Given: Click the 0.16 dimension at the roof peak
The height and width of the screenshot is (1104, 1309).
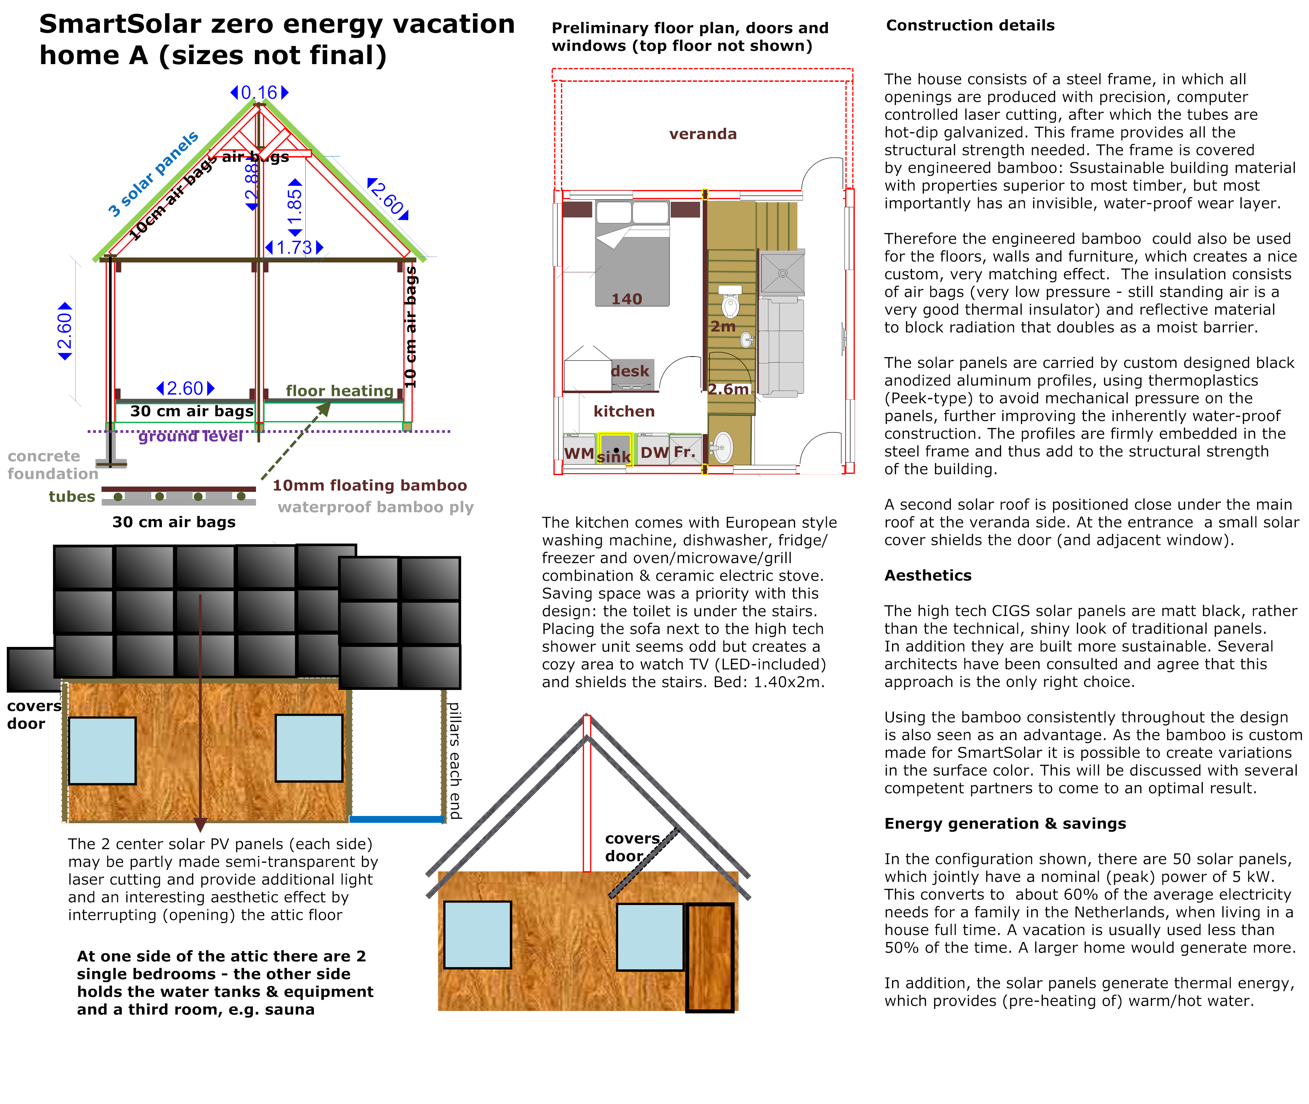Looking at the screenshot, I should (x=259, y=93).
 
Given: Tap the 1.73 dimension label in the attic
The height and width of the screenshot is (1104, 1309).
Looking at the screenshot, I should (x=294, y=248).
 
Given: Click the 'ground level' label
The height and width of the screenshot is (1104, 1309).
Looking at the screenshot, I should (x=190, y=436).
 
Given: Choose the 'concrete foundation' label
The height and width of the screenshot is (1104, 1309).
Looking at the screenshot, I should (x=52, y=465).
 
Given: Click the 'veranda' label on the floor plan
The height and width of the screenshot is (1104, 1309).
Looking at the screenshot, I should (x=703, y=134).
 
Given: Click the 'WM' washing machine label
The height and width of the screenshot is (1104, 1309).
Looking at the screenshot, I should (x=579, y=453).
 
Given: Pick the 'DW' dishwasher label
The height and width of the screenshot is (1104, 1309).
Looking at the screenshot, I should (x=654, y=453).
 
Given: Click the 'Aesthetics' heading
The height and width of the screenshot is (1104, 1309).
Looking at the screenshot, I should (x=927, y=576).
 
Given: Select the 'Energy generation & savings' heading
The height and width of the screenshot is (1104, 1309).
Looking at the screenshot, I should (x=1004, y=823).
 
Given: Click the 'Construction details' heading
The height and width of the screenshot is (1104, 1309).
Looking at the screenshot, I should (x=970, y=26).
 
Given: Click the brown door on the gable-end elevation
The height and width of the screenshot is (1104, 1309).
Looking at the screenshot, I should (x=710, y=957).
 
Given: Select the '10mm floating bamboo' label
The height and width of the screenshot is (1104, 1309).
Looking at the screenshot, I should (x=369, y=486).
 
